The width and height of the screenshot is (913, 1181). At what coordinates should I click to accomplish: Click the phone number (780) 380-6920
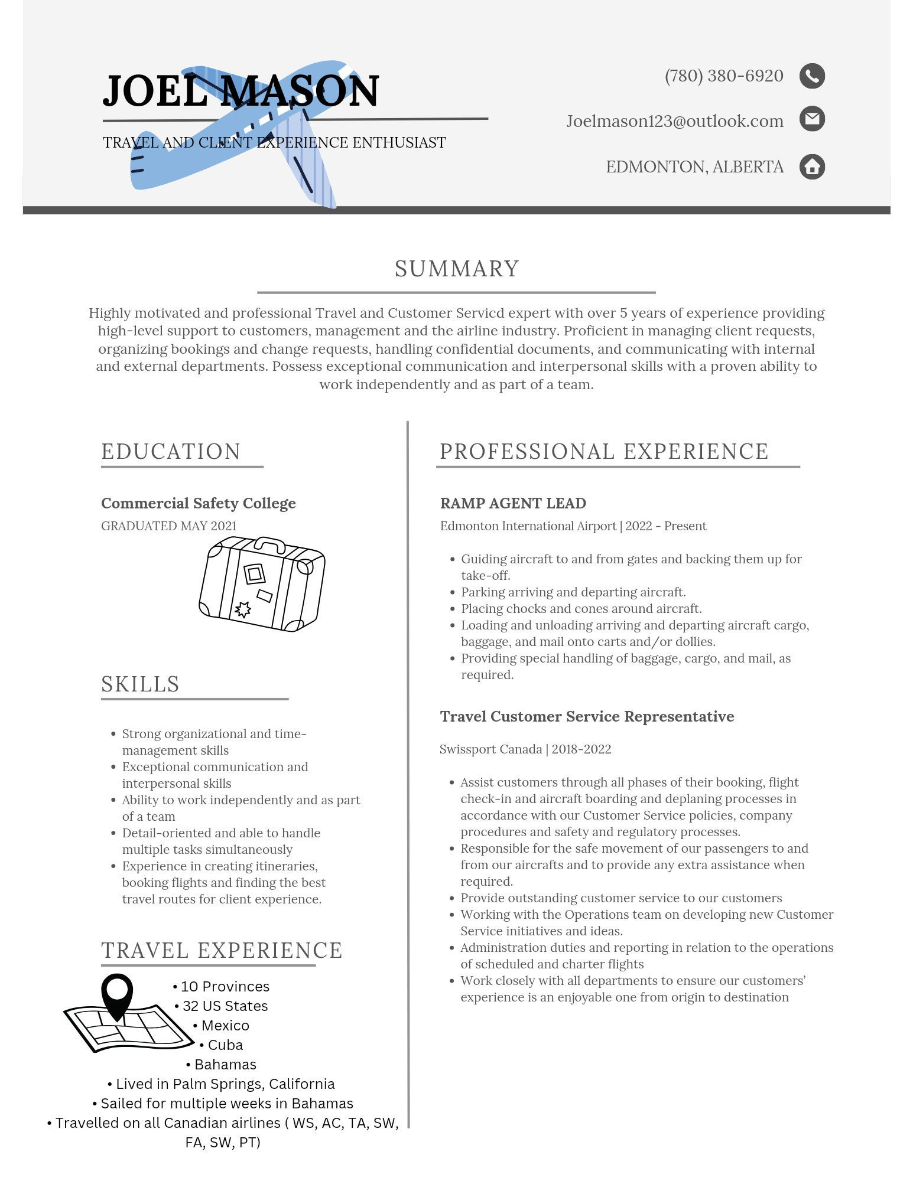724,76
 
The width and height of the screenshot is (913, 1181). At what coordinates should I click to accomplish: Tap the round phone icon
812,76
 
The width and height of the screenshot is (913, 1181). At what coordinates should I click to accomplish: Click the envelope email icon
812,119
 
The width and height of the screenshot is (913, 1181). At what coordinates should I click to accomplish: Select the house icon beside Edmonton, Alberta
812,167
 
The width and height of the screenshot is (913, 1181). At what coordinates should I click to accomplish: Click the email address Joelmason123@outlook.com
674,121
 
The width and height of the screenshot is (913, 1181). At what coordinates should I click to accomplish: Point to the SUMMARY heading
457,269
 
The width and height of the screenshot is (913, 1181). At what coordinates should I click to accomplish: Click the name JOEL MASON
241,92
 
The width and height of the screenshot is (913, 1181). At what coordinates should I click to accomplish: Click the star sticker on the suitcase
243,609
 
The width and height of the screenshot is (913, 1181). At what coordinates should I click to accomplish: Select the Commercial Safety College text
198,503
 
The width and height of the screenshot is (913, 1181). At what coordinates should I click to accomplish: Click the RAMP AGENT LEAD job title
513,503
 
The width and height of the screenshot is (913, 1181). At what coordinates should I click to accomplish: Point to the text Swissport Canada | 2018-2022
525,749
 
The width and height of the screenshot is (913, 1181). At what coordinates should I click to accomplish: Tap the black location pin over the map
117,994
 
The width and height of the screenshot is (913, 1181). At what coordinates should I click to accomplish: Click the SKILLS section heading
140,684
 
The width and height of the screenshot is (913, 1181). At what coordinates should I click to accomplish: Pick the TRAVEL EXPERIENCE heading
222,950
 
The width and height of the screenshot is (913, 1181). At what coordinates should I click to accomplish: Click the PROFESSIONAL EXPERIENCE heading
604,451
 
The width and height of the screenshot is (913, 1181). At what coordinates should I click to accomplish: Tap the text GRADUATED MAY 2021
169,526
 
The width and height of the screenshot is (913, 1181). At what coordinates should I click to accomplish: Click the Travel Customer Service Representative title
587,716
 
